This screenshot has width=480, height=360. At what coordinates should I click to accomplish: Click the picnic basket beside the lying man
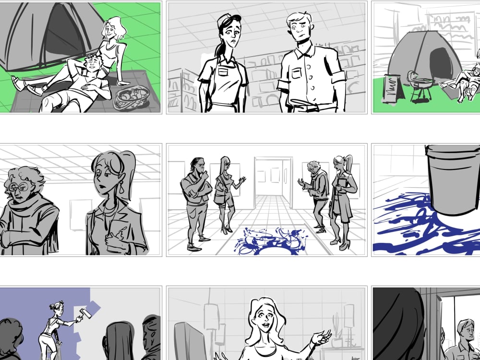coord(131,98)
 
